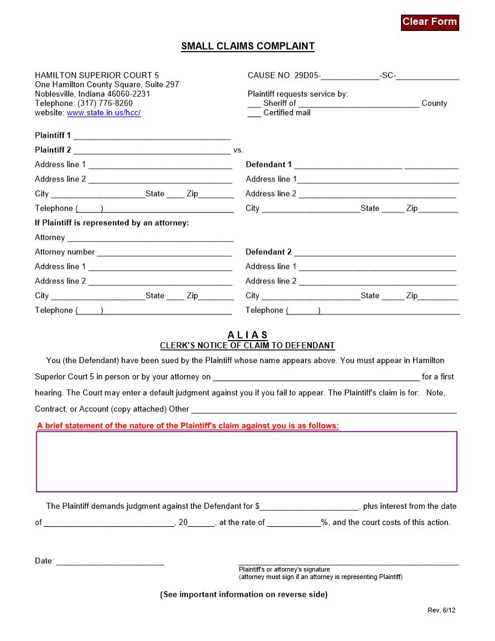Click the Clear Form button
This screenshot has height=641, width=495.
click(x=429, y=22)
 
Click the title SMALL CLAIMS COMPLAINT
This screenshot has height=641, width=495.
click(x=247, y=46)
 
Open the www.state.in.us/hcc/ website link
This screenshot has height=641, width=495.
click(x=104, y=113)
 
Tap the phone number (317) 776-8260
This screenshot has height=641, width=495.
click(x=105, y=103)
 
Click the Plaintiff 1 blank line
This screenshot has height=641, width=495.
click(x=152, y=136)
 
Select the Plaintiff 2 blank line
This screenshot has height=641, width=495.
click(x=152, y=151)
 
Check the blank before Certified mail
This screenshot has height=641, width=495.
click(x=254, y=114)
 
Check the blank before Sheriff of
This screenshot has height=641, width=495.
click(x=254, y=104)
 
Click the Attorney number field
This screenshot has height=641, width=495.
click(x=164, y=253)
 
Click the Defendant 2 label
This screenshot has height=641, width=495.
click(x=268, y=252)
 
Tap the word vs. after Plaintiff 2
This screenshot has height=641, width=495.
click(x=238, y=151)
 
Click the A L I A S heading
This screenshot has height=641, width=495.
click(x=247, y=335)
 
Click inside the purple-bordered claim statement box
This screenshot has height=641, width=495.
click(x=247, y=461)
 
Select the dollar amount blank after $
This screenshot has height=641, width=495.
click(x=310, y=507)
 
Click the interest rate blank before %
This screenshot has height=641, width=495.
click(x=294, y=523)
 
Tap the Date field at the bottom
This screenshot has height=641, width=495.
click(x=110, y=561)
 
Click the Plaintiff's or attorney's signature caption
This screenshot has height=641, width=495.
click(x=285, y=569)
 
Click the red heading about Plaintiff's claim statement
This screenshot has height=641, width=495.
click(x=188, y=426)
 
